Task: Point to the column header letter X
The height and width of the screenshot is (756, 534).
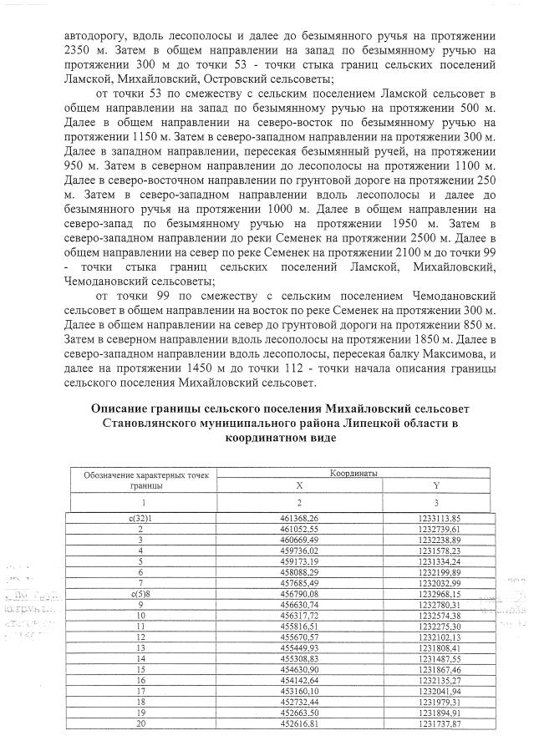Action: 301,485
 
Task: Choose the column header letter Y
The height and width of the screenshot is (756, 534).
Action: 436,485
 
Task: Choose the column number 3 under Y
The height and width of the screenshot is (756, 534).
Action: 436,503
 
